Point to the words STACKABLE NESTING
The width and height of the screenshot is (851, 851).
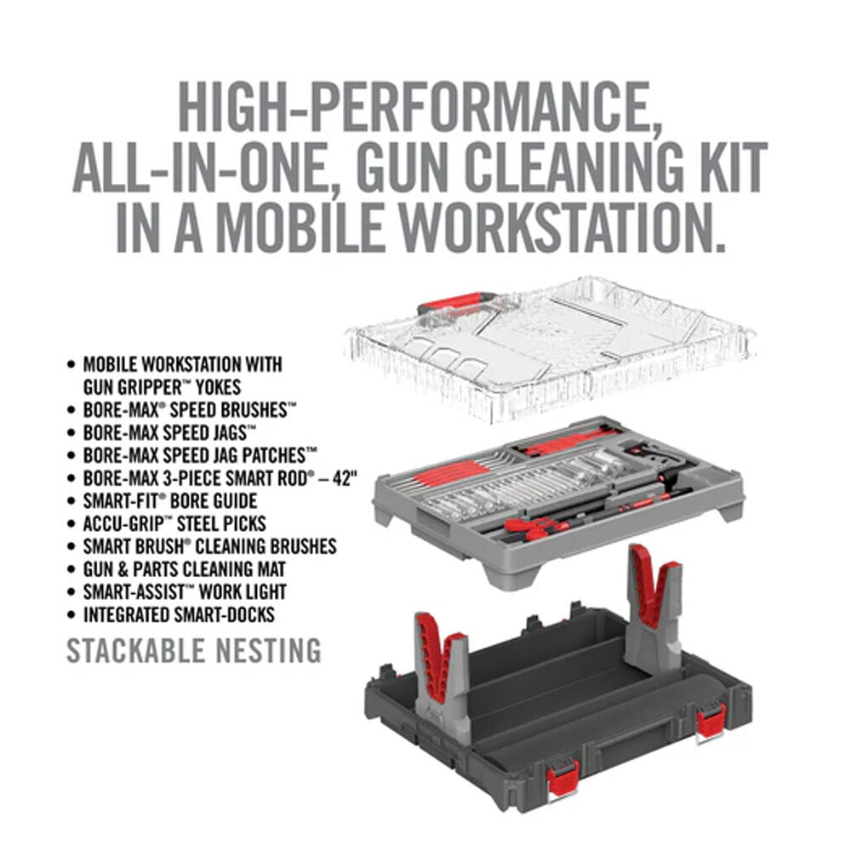point(194,651)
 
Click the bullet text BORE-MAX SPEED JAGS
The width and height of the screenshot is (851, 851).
point(168,432)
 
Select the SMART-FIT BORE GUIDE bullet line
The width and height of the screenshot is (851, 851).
point(170,500)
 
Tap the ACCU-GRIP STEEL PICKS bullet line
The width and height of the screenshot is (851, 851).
point(174,523)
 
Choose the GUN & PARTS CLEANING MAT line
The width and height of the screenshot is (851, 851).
point(184,568)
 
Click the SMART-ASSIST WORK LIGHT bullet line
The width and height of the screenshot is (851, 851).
point(185,591)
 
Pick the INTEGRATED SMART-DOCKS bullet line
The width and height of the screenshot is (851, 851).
point(179,614)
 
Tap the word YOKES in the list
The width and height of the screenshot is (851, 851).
point(218,387)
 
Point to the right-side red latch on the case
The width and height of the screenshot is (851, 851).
point(711,722)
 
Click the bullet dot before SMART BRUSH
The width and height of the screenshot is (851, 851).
point(71,546)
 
